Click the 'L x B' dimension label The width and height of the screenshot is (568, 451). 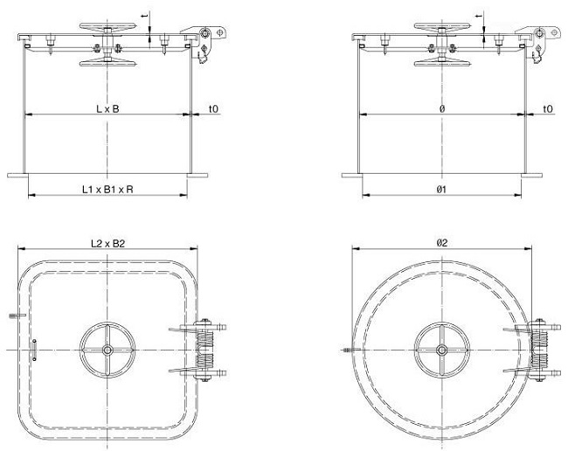tap(107, 108)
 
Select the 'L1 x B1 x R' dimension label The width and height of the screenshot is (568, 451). tap(107, 189)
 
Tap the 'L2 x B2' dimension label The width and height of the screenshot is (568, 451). tap(107, 244)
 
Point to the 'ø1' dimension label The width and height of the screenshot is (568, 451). tap(441, 189)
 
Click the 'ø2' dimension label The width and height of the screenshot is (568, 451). tap(442, 243)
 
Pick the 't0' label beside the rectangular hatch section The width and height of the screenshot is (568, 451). tap(214, 108)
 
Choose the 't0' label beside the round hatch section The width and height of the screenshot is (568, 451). tap(548, 108)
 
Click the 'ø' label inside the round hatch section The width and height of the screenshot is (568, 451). tap(442, 108)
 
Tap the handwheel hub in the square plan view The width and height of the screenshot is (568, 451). tap(107, 350)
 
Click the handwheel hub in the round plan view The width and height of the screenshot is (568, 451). tap(441, 350)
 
